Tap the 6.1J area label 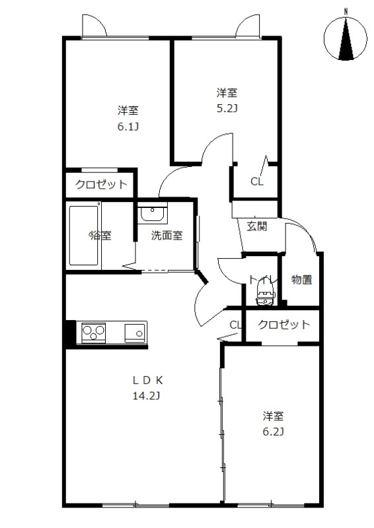128,127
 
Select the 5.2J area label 227,108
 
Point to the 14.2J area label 146,395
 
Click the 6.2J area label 273,432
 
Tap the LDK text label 148,380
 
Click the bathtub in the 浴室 84,236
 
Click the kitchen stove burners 93,333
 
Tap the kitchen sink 135,333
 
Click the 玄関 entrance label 257,226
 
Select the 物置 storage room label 302,279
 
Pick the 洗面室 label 167,235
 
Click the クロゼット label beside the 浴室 101,184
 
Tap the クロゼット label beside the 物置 283,324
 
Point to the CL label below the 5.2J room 256,182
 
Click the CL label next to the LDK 235,325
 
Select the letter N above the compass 346,11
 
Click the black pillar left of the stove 71,333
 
